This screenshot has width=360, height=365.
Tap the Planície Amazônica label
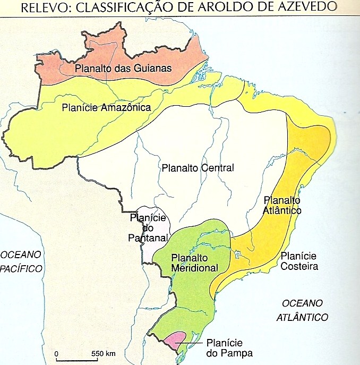[x=106, y=107]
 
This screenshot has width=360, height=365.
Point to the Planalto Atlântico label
[x=282, y=206]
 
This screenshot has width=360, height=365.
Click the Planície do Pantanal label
[x=149, y=227]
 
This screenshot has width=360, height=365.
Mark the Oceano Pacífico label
[x=21, y=261]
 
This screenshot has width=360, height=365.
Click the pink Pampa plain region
[x=176, y=338]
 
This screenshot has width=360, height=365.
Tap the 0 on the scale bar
[x=57, y=353]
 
